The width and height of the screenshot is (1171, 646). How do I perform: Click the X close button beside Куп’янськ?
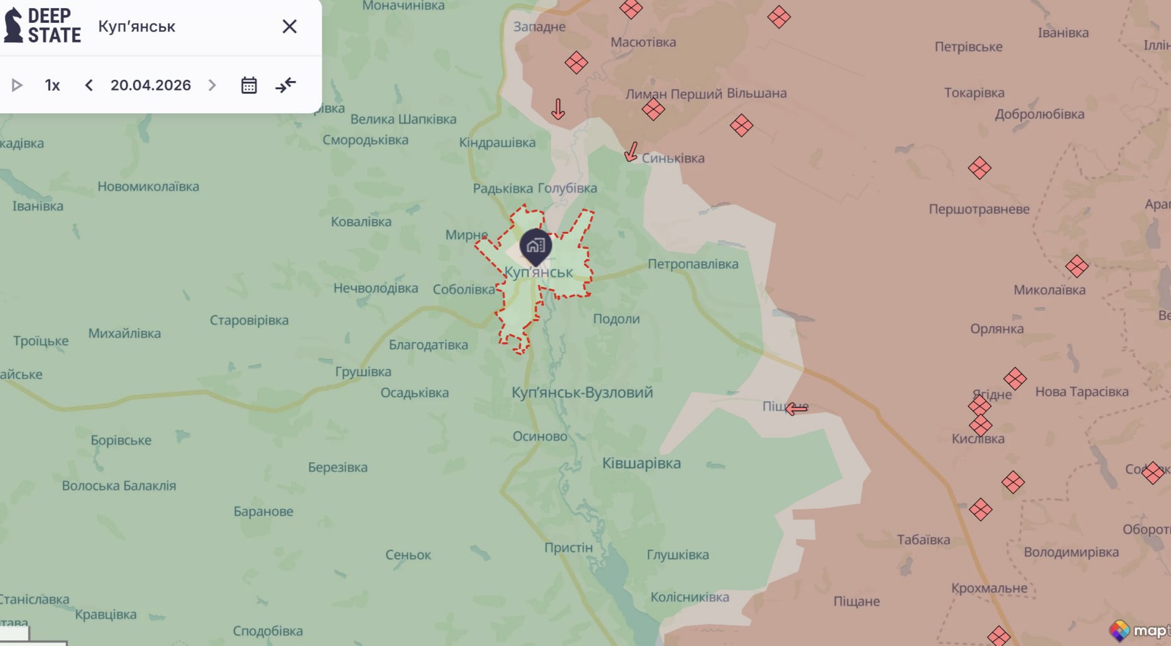coord(289,27)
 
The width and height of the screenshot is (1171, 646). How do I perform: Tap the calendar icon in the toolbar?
coord(249,85)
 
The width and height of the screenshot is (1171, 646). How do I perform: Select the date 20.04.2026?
coord(151,85)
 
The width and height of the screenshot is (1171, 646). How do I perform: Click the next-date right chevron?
coord(212,85)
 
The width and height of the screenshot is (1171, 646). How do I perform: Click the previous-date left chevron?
coord(89,85)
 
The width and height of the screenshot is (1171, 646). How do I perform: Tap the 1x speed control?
coord(53,85)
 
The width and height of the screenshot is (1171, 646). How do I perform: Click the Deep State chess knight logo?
coord(13,25)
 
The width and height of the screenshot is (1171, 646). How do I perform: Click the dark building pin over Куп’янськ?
coord(536,246)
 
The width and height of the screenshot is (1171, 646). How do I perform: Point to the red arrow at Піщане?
coord(797,408)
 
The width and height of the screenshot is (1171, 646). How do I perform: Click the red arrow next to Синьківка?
coord(631,152)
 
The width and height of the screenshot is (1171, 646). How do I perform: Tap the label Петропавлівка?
coord(693,263)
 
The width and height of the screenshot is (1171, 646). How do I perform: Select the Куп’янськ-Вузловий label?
coord(582,392)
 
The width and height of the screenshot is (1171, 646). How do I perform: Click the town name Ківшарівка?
coord(642,463)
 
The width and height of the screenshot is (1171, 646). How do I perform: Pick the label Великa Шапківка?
coord(403,119)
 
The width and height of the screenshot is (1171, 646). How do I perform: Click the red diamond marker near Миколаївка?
coord(1077,266)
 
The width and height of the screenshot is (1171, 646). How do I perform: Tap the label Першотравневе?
coord(979,209)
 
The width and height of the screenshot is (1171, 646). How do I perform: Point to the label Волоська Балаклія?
coord(119,486)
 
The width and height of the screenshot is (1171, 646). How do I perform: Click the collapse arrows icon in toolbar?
coord(286,85)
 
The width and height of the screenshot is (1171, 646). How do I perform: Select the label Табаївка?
coord(923,540)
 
